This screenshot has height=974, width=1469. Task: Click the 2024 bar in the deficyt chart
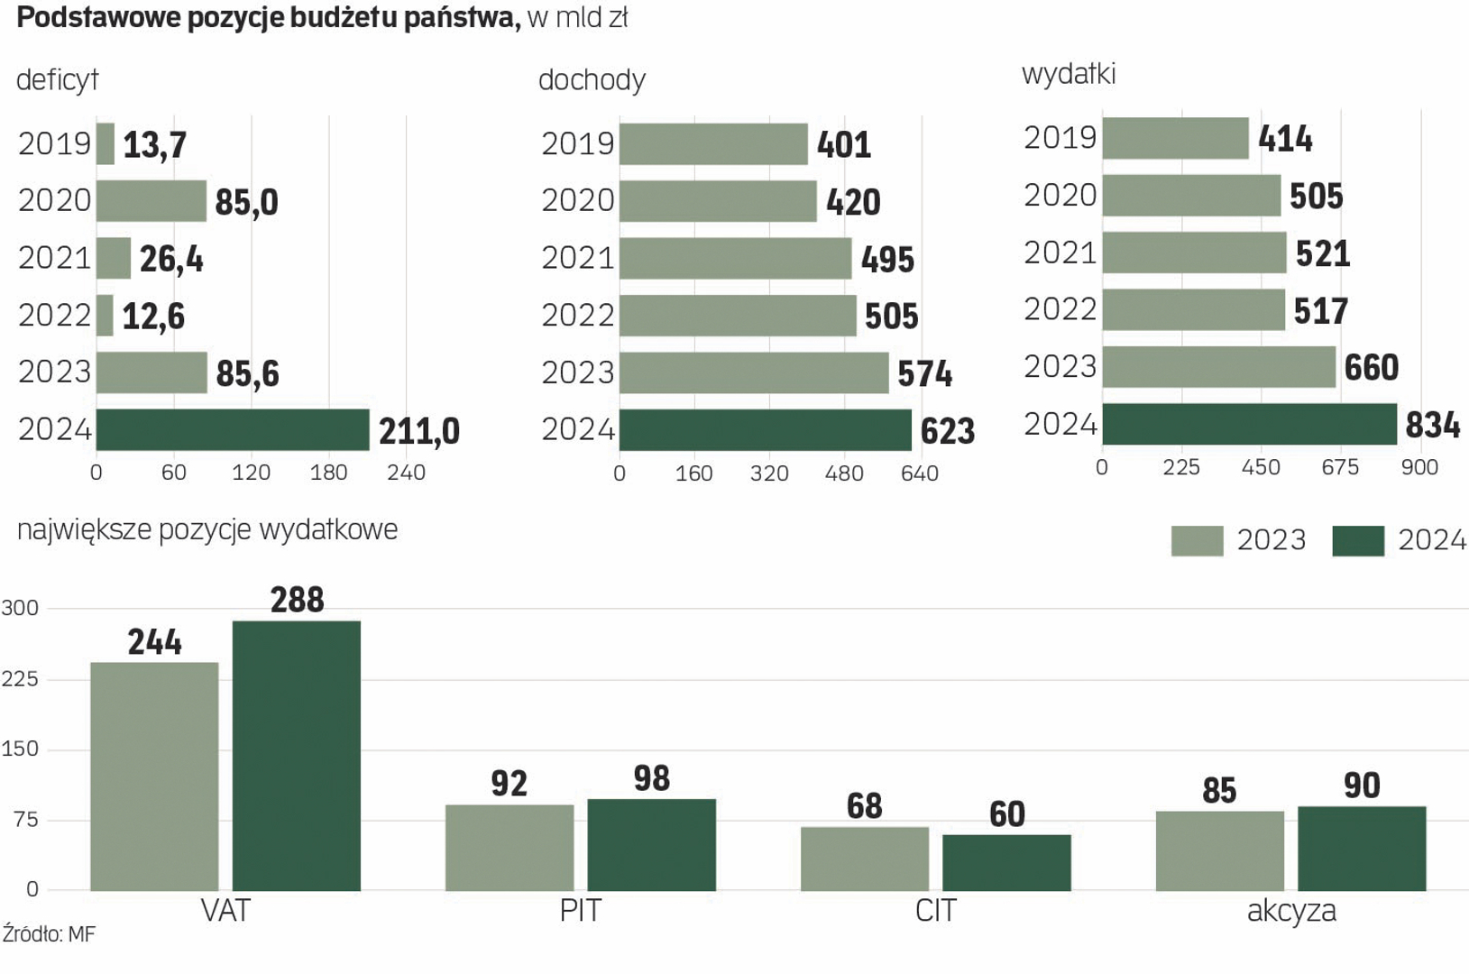pyautogui.click(x=233, y=429)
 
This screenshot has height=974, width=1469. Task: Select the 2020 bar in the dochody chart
pyautogui.click(x=718, y=201)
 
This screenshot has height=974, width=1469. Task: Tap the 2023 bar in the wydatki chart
pyautogui.click(x=1218, y=367)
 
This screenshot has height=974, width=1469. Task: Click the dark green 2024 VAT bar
pyautogui.click(x=297, y=756)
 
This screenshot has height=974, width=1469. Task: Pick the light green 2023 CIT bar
pyautogui.click(x=865, y=859)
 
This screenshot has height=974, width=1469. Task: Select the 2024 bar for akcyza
pyautogui.click(x=1362, y=849)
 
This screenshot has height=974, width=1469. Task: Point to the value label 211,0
pyautogui.click(x=419, y=432)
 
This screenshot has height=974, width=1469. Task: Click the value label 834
pyautogui.click(x=1433, y=425)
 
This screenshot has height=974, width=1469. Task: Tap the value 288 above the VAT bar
pyautogui.click(x=298, y=600)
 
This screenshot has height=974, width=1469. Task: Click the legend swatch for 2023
pyautogui.click(x=1197, y=540)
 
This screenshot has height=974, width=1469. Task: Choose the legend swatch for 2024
pyautogui.click(x=1358, y=540)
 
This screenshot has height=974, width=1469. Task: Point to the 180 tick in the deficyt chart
pyautogui.click(x=328, y=473)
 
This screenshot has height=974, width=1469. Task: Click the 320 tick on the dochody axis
pyautogui.click(x=769, y=473)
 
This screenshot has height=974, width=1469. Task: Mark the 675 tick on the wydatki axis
pyautogui.click(x=1340, y=467)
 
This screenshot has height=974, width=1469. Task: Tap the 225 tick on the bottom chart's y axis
pyautogui.click(x=20, y=678)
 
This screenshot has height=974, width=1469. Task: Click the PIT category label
pyautogui.click(x=580, y=911)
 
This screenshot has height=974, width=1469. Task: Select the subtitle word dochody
pyautogui.click(x=592, y=80)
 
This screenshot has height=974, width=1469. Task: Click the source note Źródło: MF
pyautogui.click(x=49, y=934)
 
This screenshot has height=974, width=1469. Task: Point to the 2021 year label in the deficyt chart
pyautogui.click(x=54, y=259)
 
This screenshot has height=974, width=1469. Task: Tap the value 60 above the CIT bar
pyautogui.click(x=1006, y=814)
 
